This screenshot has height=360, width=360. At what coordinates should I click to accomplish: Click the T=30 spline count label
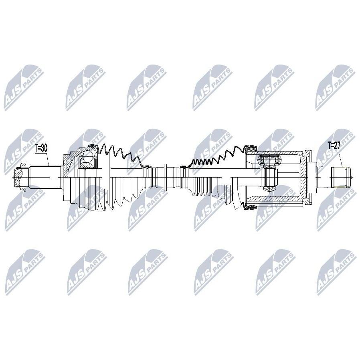pos(41,148)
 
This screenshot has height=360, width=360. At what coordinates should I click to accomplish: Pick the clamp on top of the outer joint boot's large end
pos(92,146)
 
